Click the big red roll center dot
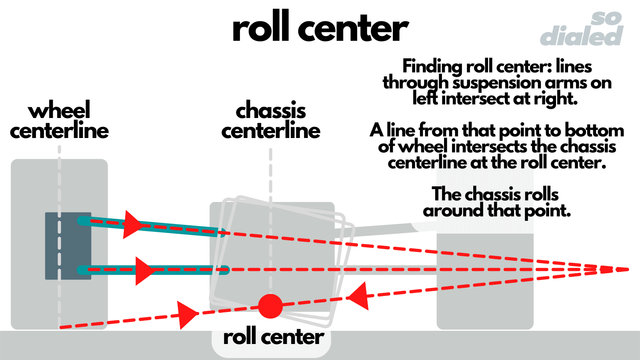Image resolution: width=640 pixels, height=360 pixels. tap(270, 306)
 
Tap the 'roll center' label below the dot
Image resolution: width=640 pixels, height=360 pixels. tap(273, 337)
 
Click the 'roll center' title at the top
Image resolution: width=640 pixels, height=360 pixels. tap(320, 28)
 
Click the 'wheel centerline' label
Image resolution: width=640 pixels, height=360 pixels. tap(59, 120)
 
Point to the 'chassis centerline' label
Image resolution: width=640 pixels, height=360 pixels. tap(271, 120)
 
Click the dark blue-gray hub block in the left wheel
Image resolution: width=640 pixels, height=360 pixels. tap(68, 246)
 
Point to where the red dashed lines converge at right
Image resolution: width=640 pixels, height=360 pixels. tap(626, 270)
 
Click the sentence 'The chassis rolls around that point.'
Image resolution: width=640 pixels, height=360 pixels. tap(496, 202)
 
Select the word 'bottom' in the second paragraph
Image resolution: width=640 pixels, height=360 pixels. tap(594, 130)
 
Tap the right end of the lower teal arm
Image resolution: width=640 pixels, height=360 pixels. tap(225, 270)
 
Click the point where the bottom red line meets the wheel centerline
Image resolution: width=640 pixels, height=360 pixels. tap(60, 328)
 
